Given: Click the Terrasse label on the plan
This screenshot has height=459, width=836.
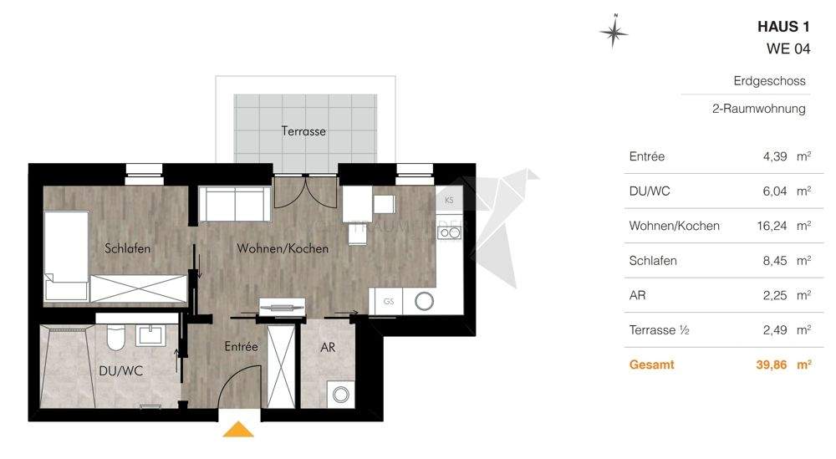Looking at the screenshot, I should (303, 131).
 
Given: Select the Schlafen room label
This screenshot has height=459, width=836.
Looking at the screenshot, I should (128, 248).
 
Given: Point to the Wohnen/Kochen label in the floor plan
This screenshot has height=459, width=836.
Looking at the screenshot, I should (283, 248).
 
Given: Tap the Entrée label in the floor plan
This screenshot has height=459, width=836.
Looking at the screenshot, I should (241, 345).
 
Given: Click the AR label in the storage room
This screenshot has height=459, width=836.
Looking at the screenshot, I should (328, 347).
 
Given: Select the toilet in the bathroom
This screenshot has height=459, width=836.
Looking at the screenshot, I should (115, 338).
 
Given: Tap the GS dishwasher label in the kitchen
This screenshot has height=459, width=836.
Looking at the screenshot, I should (389, 301).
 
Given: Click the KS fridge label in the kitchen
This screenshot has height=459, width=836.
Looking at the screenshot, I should (449, 200).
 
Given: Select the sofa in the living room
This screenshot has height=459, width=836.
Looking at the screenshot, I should (234, 205).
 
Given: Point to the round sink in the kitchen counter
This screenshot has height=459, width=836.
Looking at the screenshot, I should (425, 301).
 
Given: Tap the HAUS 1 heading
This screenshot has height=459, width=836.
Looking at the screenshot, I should (783, 28).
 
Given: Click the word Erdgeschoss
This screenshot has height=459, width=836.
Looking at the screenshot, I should (769, 81).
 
